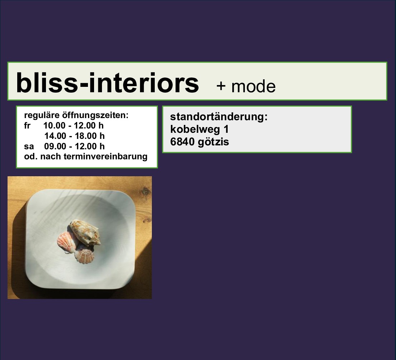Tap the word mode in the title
pyautogui.click(x=253, y=87)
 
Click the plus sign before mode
pyautogui.click(x=221, y=86)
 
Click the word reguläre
pyautogui.click(x=42, y=115)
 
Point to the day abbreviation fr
pyautogui.click(x=27, y=126)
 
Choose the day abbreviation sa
pyautogui.click(x=29, y=146)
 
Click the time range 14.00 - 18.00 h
pyautogui.click(x=74, y=136)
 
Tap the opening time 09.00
pyautogui.click(x=55, y=146)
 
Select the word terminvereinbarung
pyautogui.click(x=105, y=156)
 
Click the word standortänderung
pyautogui.click(x=219, y=117)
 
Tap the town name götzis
pyautogui.click(x=213, y=142)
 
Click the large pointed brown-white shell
pyautogui.click(x=85, y=233)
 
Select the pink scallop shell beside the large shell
pyautogui.click(x=66, y=242)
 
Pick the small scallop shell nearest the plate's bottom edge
pyautogui.click(x=84, y=256)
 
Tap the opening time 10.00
pyautogui.click(x=54, y=126)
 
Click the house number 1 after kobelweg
pyautogui.click(x=226, y=129)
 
